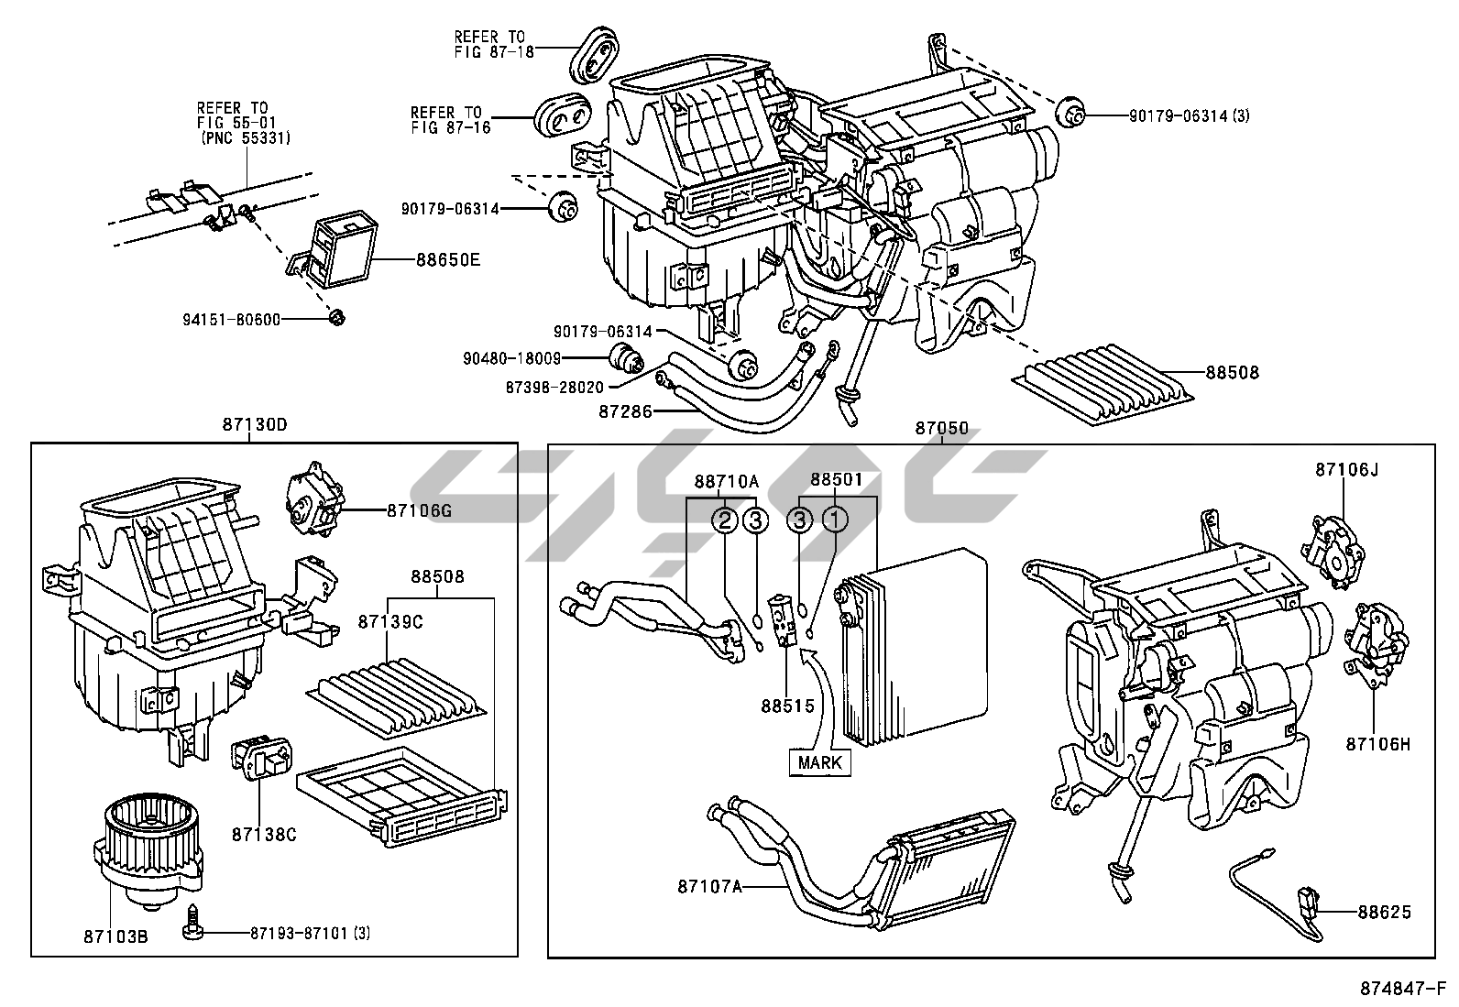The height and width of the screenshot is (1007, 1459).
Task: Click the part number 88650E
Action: pos(449,260)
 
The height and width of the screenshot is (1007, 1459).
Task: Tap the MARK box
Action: pos(819,762)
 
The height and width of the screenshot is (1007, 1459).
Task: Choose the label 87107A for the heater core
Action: pos(709,886)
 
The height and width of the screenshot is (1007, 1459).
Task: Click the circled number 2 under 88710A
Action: pos(725,520)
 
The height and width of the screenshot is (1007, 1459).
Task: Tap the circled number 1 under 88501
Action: pos(835,520)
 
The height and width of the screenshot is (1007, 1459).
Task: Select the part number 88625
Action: pos(1384,912)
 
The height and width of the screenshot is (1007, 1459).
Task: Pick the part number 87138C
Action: pos(263,835)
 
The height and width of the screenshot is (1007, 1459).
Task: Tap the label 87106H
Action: pos(1377,744)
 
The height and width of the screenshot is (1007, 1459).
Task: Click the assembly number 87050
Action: pos(941,428)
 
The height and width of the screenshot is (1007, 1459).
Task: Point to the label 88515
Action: pos(782,706)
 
